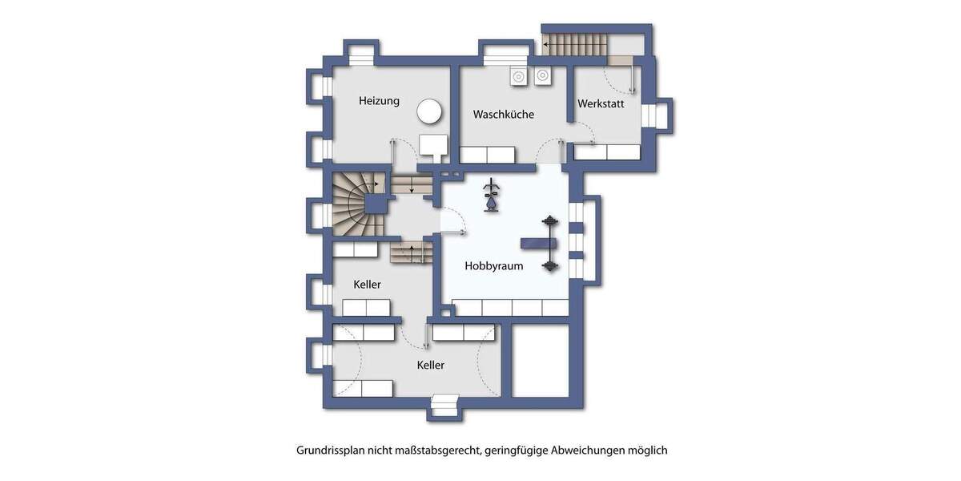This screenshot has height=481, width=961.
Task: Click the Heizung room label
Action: pos(379,101)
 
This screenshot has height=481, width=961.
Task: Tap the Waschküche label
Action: pos(503,115)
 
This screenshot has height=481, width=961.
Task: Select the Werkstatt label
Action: pos(601,104)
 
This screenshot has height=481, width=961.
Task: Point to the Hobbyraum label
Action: pos(494,265)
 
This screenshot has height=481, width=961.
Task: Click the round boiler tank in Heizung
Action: pos(431,112)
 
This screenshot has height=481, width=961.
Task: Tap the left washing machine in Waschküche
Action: pos(518,77)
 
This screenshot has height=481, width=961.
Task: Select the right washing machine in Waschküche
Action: pos(543,77)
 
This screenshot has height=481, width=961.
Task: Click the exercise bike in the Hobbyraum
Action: pos(490,196)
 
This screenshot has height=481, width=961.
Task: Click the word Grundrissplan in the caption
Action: pos(330,451)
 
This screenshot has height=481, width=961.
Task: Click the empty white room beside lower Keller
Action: pos(540,361)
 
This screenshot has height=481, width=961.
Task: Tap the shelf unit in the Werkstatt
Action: pos(607,152)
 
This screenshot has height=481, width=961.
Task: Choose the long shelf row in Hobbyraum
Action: pos(510,307)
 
